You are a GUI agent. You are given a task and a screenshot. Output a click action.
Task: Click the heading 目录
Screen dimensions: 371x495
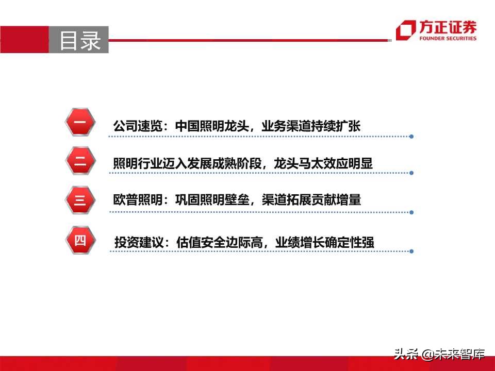(80, 41)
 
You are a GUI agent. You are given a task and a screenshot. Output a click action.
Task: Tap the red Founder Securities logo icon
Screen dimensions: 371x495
(405, 30)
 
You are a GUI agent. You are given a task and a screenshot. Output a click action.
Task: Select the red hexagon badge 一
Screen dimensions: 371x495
(80, 123)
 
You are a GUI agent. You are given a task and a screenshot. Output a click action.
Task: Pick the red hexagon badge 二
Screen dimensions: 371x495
(80, 161)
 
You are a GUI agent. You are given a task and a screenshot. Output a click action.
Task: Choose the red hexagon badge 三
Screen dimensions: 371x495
(80, 199)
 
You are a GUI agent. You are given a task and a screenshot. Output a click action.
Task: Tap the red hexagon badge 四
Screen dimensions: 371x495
(80, 240)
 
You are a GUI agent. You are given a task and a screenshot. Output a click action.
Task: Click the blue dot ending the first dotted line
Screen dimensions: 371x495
(411, 137)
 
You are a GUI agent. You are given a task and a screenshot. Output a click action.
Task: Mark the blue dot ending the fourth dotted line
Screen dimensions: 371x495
(411, 251)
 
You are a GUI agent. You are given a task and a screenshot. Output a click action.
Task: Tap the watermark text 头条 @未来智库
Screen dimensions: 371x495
(439, 354)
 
